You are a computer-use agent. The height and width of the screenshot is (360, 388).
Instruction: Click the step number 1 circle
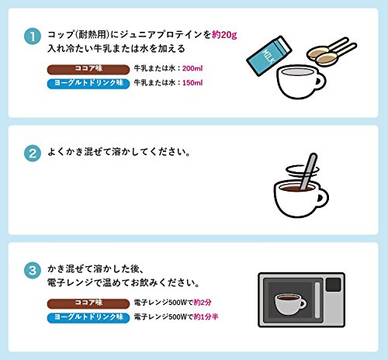tap(33, 36)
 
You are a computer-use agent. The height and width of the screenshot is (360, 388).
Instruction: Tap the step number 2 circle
tap(33, 154)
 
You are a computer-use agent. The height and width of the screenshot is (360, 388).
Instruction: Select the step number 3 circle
tap(33, 271)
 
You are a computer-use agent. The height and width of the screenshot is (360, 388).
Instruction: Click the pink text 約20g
tap(224, 35)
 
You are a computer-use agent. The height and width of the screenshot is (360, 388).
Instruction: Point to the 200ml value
tap(192, 68)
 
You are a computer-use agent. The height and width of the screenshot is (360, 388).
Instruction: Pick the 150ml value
tap(192, 83)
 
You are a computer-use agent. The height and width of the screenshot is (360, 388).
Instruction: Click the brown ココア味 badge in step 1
tap(88, 69)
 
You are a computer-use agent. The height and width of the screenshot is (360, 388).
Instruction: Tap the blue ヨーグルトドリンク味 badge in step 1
tap(88, 83)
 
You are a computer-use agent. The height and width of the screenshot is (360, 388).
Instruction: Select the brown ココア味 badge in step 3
tap(88, 303)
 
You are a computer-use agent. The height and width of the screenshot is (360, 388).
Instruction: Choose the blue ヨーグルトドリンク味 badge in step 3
tap(88, 317)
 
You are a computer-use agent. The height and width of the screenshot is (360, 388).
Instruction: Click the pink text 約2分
tap(203, 303)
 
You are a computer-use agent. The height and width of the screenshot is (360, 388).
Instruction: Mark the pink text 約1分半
tap(206, 317)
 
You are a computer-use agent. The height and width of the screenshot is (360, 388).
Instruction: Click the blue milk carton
tap(269, 56)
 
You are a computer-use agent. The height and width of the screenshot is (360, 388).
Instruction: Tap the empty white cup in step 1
tap(300, 81)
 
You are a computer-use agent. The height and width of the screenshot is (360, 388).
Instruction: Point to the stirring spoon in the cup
tap(308, 171)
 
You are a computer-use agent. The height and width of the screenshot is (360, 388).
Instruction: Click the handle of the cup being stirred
tap(323, 198)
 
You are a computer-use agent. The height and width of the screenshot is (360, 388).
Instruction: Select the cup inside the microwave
tap(290, 304)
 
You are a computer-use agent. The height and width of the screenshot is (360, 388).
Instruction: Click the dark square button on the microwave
tap(333, 285)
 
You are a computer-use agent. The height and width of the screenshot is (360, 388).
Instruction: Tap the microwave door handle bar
tap(317, 300)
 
